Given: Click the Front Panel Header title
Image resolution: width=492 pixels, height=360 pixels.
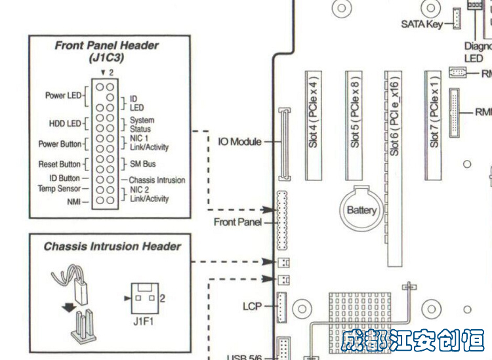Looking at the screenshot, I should [x=106, y=46].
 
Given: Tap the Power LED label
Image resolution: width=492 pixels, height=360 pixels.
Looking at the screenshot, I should [x=63, y=96].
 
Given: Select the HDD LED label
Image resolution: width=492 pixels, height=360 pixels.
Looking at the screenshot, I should [x=65, y=123].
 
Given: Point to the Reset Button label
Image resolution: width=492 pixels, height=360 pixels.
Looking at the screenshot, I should [x=60, y=164].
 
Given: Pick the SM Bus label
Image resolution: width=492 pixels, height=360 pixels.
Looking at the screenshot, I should [x=142, y=164].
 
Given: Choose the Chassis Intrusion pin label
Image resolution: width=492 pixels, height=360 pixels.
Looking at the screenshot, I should [x=157, y=180].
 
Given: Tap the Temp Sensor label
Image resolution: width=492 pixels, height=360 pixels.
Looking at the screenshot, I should [x=59, y=189].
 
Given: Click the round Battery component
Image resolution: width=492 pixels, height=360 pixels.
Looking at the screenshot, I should [x=361, y=210].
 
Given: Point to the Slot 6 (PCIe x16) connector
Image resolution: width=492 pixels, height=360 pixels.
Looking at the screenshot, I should [x=394, y=164].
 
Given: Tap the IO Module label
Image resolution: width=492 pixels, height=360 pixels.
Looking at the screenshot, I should [x=239, y=142].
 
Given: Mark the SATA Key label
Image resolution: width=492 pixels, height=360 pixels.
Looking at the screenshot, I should [x=422, y=25].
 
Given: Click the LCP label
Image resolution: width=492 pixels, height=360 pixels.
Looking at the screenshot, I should [x=252, y=306].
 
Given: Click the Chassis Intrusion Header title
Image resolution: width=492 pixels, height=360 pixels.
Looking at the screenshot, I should [x=112, y=247].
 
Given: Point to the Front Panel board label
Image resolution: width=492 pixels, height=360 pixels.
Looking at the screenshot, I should [x=237, y=222].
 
